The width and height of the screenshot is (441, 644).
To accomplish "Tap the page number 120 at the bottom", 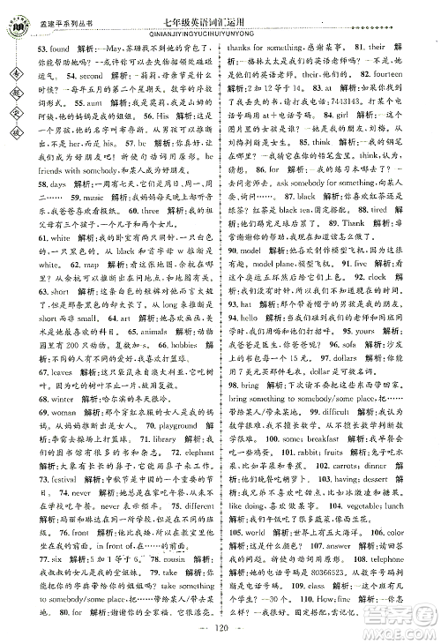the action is (221, 633).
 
